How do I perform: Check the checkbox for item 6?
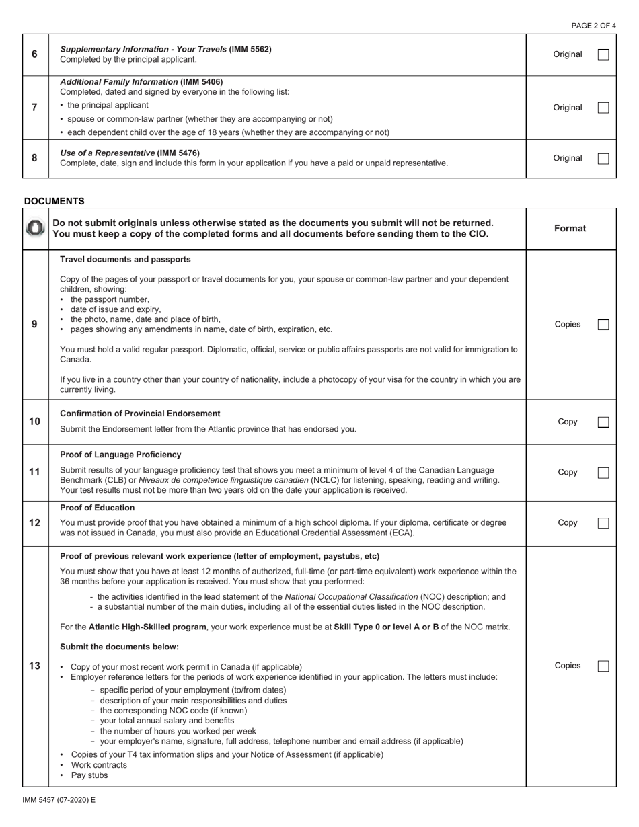coord(603,54)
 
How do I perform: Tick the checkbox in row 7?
coord(603,108)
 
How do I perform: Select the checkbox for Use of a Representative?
coord(603,159)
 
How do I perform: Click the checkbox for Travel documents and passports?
coord(603,325)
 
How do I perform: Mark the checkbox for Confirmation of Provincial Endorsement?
coord(603,422)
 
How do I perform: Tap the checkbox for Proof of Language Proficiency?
coord(603,473)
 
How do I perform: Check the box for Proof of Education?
coord(603,523)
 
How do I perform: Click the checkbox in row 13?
coord(603,666)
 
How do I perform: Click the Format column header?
coord(570,229)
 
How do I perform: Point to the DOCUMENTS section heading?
coord(54,201)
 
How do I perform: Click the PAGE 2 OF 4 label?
coord(593,26)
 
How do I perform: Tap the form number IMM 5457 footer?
coord(59,800)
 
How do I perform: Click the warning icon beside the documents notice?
coord(35,229)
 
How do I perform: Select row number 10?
coord(35,422)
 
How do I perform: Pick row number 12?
coord(35,523)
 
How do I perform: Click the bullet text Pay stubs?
coord(89,775)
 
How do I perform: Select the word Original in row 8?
coord(568,159)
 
